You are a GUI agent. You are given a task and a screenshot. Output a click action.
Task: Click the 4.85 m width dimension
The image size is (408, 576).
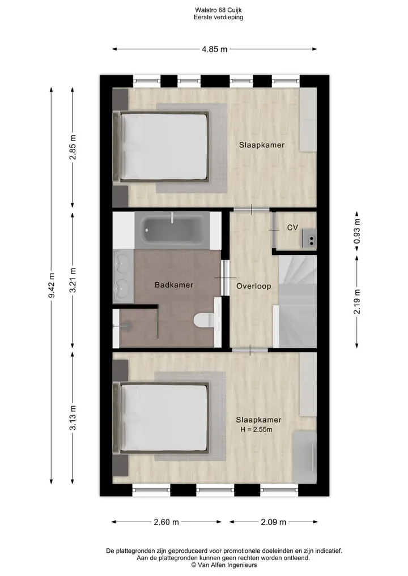coord(215,49)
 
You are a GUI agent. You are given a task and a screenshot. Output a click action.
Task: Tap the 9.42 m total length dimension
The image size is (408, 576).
coord(52,285)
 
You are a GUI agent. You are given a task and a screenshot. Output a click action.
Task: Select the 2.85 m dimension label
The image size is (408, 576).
coord(73,147)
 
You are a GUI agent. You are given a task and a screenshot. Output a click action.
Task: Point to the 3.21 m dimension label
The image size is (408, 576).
coord(73,280)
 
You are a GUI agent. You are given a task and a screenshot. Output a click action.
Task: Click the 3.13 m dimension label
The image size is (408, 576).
coord(73,417)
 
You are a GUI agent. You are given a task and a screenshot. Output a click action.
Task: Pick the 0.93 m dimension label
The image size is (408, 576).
coord(357,231)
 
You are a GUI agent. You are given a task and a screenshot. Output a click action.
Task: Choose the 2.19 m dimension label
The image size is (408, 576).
coord(357,301)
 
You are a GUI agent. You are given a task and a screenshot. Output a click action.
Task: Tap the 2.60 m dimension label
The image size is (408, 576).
coord(166,522)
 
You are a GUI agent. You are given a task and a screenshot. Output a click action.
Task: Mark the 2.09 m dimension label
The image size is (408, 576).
coord(274,522)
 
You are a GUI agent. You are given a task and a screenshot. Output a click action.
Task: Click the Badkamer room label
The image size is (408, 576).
coord(174,285)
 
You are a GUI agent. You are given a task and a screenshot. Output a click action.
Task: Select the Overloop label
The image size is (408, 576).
coord(254,286)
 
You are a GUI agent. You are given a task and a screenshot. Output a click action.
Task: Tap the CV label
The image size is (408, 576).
coord(292,228)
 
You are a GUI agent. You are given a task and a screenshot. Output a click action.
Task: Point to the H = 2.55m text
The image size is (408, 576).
coord(256,429)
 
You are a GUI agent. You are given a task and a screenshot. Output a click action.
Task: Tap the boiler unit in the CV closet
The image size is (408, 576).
coord(309,238)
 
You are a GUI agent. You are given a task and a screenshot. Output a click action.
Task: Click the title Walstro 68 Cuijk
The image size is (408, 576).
coord(218,10)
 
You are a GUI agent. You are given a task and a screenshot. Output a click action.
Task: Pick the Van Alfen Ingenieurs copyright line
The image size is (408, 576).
coord(224,565)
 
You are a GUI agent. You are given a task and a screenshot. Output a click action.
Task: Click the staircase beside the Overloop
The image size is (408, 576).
coord(297,301)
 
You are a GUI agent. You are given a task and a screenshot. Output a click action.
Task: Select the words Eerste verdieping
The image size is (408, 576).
coord(218,17)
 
